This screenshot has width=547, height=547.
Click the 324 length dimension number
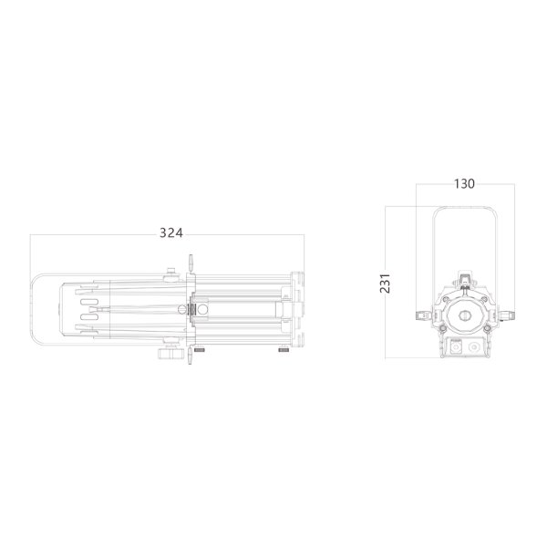[x=171, y=232]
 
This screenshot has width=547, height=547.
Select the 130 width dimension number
[x=464, y=183]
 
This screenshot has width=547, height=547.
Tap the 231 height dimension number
[x=385, y=283]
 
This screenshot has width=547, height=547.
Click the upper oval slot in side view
[x=89, y=302]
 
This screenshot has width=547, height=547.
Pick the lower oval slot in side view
[x=89, y=316]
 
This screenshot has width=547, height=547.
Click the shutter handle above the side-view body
[x=191, y=263]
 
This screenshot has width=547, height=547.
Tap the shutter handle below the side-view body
[x=191, y=355]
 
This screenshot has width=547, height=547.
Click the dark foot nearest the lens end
[x=284, y=350]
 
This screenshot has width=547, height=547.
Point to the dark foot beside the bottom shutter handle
[x=199, y=350]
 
